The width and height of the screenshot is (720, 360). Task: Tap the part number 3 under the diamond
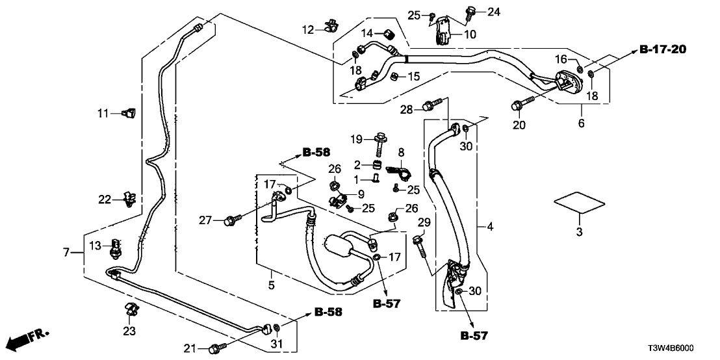[x=580, y=232]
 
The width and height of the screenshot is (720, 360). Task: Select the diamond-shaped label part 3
[x=579, y=203]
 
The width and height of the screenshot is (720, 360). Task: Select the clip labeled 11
[x=128, y=113]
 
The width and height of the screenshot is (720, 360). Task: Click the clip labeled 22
[x=129, y=198]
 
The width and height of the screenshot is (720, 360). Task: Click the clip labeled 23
[x=130, y=311]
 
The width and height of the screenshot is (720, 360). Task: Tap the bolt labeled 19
[x=380, y=138]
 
